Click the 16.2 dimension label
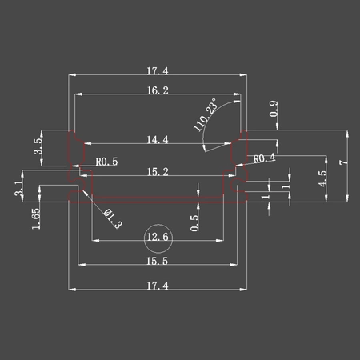coord(158,90)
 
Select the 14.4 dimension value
coord(158,139)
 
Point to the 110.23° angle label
coord(205,114)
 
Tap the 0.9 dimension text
coord(274,109)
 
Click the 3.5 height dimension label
coord(38,146)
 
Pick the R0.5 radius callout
coord(106,162)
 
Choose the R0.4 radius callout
coord(264,158)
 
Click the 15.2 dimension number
coord(158,172)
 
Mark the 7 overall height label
coord(344,162)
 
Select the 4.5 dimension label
coord(322,178)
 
